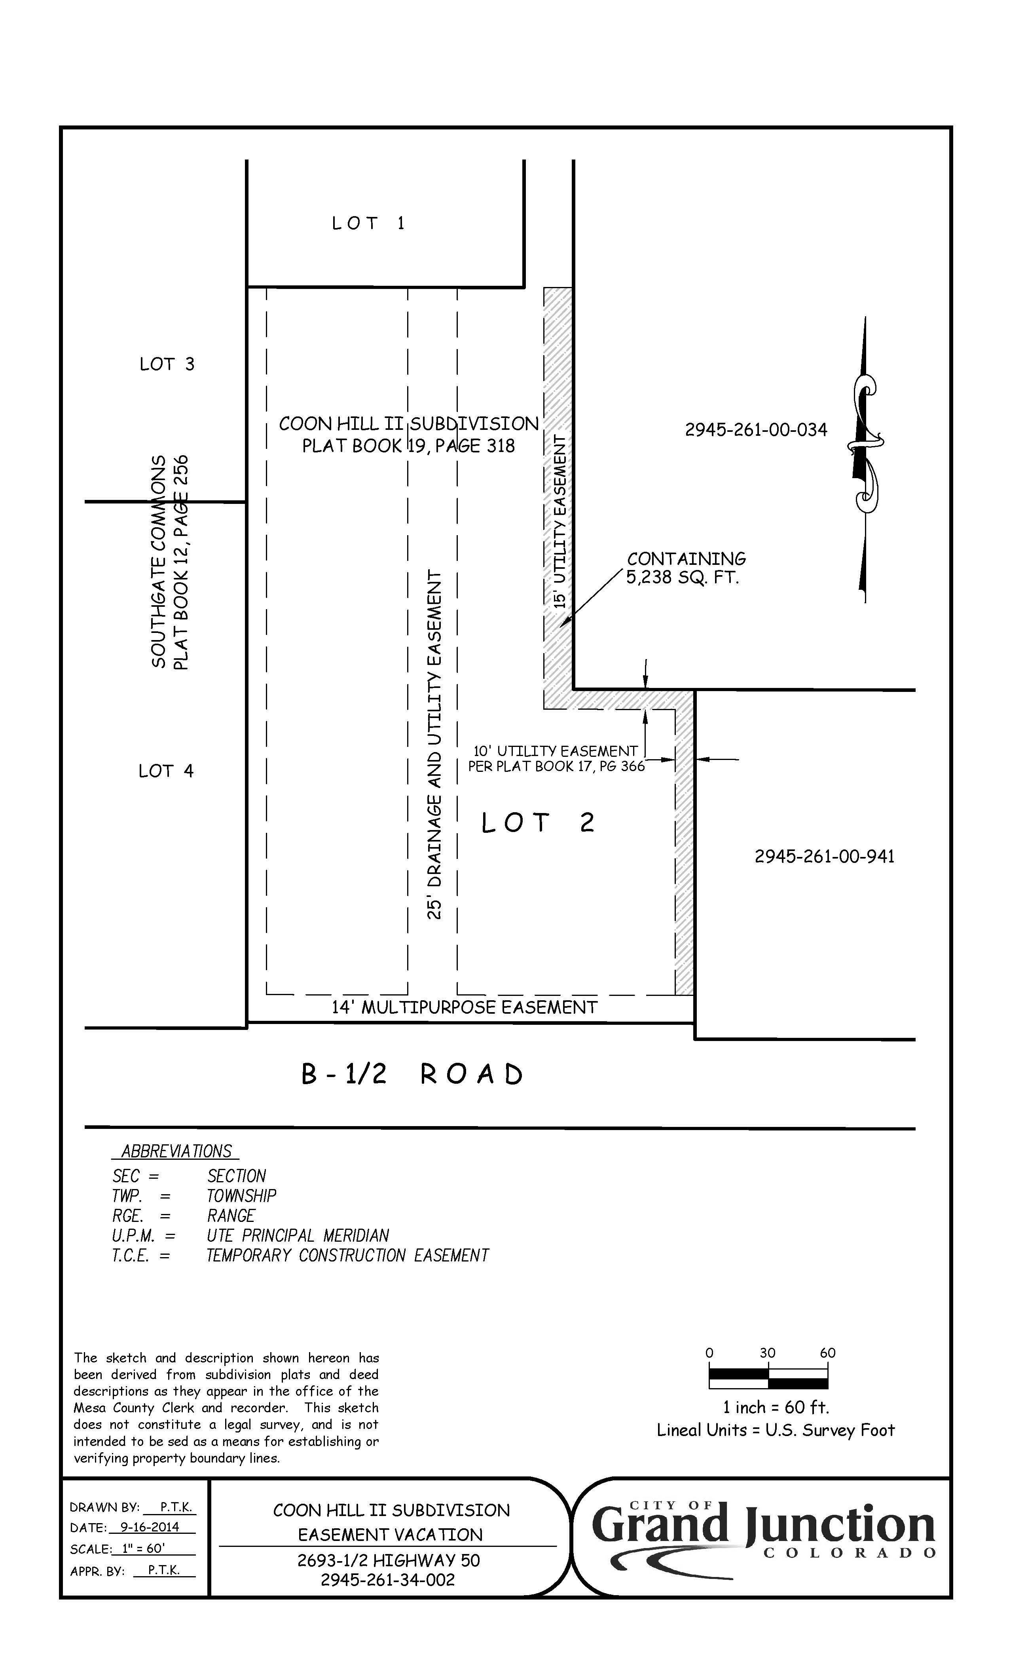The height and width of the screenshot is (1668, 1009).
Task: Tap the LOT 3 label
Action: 167,364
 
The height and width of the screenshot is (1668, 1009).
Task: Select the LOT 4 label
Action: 166,771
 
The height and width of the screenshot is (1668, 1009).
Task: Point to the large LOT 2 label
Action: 538,823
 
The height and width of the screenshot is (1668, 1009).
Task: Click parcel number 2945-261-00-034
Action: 756,430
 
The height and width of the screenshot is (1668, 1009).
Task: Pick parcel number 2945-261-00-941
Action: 824,856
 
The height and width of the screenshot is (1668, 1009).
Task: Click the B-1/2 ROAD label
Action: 412,1074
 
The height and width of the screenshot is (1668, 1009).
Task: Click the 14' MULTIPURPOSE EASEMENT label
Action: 464,1007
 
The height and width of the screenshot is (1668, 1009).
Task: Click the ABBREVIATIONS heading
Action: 176,1151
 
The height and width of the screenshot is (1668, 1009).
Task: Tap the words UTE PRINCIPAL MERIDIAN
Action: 298,1235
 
